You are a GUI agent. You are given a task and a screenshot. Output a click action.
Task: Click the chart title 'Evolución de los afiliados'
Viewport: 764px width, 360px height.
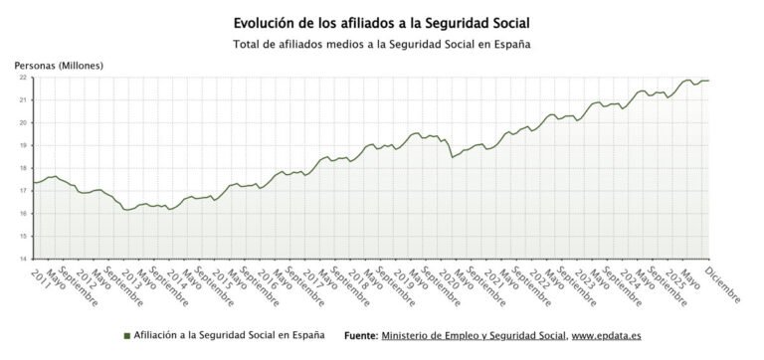[382, 21]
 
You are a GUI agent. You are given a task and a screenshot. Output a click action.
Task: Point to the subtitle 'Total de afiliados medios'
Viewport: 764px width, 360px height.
[382, 44]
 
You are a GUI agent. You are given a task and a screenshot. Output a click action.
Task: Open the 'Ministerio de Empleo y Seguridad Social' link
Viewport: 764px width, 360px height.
[474, 335]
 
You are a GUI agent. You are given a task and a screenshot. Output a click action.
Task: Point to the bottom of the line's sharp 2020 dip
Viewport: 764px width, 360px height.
[453, 157]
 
